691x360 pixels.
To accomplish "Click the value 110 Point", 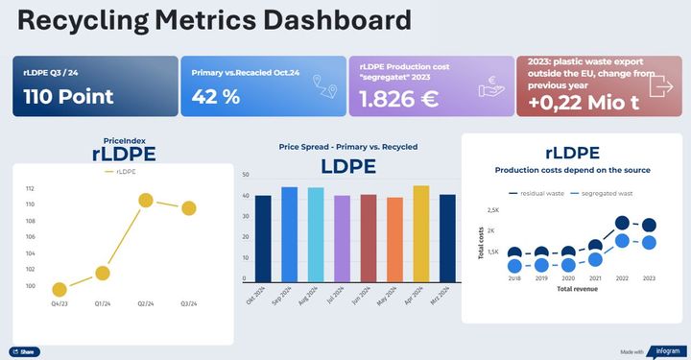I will [68, 97].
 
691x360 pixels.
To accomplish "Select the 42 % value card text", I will [217, 97].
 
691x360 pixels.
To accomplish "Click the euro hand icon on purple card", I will [492, 86].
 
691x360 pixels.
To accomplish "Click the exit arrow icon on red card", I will [662, 84].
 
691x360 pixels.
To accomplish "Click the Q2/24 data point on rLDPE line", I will [146, 201].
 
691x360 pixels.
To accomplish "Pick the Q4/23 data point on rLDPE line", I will [59, 289].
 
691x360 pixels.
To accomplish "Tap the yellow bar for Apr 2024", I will [420, 232].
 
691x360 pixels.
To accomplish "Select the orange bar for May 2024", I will [394, 238].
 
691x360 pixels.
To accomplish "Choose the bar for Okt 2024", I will [263, 237].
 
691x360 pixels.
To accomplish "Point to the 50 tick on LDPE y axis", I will [246, 176].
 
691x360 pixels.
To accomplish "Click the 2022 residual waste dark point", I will [622, 223].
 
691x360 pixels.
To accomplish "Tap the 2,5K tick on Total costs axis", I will [492, 210].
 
